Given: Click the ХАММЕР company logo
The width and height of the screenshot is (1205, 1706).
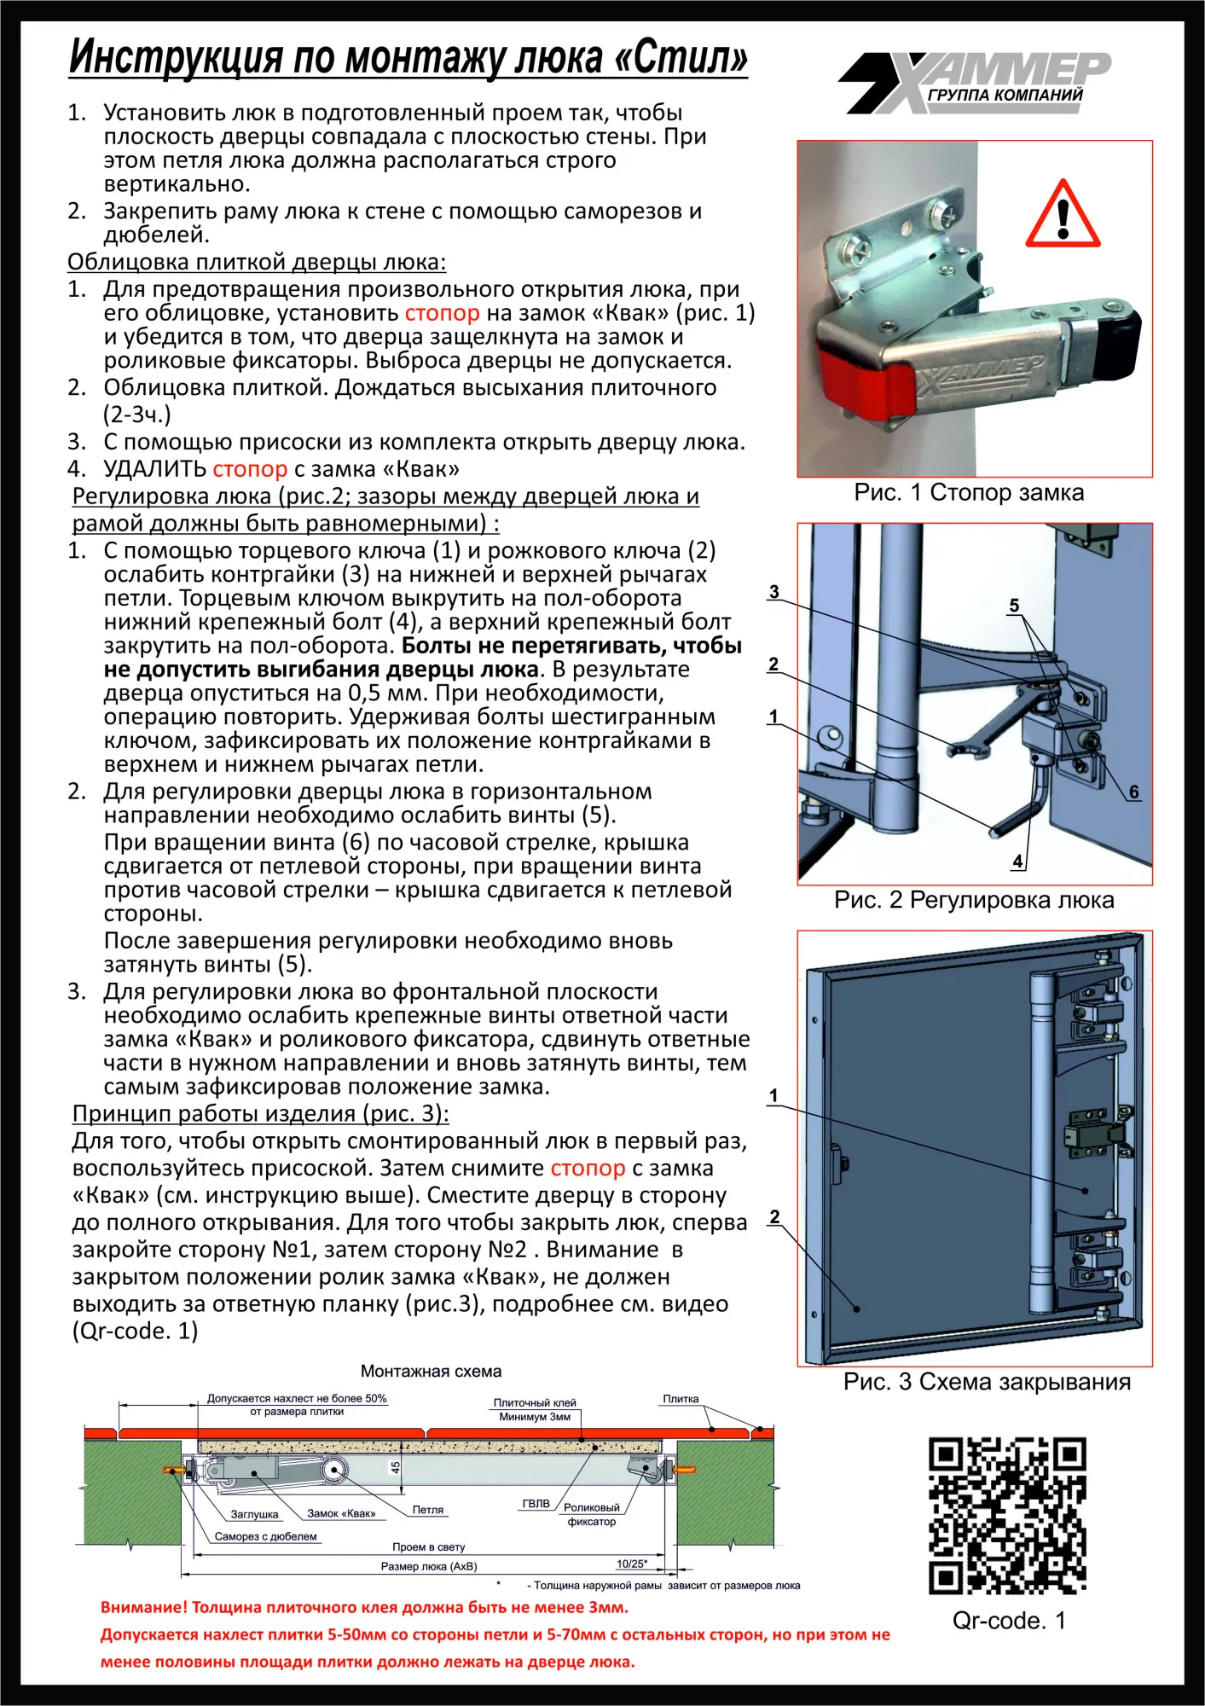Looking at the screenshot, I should (976, 83).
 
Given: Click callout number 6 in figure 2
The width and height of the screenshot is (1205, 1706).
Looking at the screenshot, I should (1133, 792).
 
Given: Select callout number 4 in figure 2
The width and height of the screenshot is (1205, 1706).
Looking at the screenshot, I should (1017, 862).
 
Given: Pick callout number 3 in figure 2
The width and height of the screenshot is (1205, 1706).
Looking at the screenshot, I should (773, 591).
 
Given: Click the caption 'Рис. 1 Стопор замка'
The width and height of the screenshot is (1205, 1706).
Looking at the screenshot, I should (969, 492).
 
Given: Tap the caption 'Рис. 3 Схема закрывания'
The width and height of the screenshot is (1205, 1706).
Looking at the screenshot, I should (987, 1382).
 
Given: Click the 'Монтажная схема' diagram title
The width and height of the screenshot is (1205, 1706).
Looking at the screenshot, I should (431, 1372).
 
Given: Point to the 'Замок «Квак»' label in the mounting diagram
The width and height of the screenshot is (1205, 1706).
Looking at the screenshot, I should (341, 1513).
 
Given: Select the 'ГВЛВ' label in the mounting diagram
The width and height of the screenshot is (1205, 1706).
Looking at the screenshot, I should (536, 1503).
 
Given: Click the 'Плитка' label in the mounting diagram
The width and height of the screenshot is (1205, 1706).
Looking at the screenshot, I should (681, 1399).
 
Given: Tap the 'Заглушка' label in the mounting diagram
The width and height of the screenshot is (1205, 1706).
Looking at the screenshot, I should (254, 1514).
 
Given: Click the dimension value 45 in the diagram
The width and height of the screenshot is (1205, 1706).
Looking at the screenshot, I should (395, 1468).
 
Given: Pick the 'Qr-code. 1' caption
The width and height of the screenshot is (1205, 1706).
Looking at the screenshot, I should (1008, 1621).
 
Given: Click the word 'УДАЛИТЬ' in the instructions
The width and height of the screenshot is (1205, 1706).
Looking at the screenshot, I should (154, 469).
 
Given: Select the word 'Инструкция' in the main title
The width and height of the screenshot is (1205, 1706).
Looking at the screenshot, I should (176, 57).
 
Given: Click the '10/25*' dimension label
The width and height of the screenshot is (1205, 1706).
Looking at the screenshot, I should (632, 1564).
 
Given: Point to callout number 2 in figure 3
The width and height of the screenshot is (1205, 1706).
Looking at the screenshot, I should (774, 1216).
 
